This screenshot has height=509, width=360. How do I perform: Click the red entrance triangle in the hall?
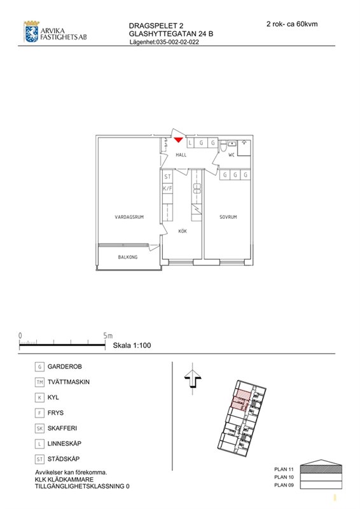(x=178, y=139)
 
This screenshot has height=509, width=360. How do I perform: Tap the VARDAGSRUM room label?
(x=129, y=217)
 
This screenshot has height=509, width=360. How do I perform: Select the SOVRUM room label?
(x=228, y=217)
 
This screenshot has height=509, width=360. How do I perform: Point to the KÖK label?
(x=183, y=231)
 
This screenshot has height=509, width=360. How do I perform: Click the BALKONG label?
(x=128, y=257)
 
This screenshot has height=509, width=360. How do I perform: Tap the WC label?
(x=231, y=155)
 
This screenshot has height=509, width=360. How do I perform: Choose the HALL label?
(x=181, y=155)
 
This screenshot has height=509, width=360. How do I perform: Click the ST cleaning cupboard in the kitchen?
(x=167, y=177)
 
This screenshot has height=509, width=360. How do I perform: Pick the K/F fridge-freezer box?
(x=167, y=188)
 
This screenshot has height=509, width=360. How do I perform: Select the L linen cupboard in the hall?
(x=191, y=143)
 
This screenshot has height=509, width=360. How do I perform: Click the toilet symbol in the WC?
(x=223, y=147)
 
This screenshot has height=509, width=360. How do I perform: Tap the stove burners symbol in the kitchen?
(x=197, y=188)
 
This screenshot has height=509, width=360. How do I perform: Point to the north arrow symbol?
(x=193, y=379)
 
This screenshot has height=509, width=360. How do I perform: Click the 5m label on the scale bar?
(x=107, y=336)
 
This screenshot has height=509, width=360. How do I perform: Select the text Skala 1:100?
(x=132, y=345)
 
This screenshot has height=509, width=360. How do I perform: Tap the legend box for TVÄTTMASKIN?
(x=39, y=382)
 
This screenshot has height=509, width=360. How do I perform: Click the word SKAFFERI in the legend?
(x=62, y=428)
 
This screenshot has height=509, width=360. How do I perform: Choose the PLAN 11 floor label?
(x=284, y=469)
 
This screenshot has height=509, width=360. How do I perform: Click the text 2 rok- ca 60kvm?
(x=292, y=24)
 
